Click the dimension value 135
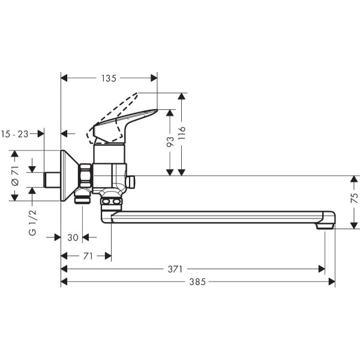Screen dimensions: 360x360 pyautogui.click(x=109, y=77)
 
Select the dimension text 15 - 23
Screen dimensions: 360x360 pyautogui.click(x=15, y=134)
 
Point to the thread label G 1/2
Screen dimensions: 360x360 pyautogui.click(x=34, y=223)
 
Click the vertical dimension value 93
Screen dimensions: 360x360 pyautogui.click(x=170, y=142)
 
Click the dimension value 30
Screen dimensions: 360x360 pyautogui.click(x=73, y=238)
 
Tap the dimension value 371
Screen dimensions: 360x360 pyautogui.click(x=175, y=268)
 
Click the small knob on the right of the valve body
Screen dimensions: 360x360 pyautogui.click(x=132, y=181)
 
